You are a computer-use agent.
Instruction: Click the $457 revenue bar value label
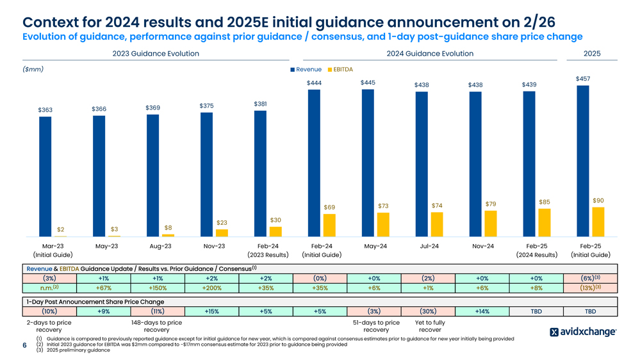click(x=583, y=79)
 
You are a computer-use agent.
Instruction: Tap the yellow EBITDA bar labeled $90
click(x=598, y=222)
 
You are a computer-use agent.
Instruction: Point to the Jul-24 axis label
click(x=429, y=246)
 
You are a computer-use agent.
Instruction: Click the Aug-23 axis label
click(x=160, y=246)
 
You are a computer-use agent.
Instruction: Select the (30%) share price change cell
click(x=429, y=311)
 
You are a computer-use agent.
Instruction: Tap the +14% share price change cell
click(x=482, y=311)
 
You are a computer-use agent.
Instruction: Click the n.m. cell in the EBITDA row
click(x=49, y=288)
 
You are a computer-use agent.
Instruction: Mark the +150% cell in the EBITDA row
click(x=158, y=288)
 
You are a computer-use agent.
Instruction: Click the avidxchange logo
click(x=583, y=332)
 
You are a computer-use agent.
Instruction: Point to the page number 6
click(x=24, y=345)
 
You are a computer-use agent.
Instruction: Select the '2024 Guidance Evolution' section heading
click(x=430, y=54)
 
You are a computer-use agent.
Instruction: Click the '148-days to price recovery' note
click(x=156, y=326)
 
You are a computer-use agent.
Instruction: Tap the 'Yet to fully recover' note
click(x=429, y=326)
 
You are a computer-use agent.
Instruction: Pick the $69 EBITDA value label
click(x=329, y=207)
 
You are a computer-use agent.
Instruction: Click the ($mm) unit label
click(x=33, y=69)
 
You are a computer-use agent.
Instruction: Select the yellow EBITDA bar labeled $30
click(x=275, y=231)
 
